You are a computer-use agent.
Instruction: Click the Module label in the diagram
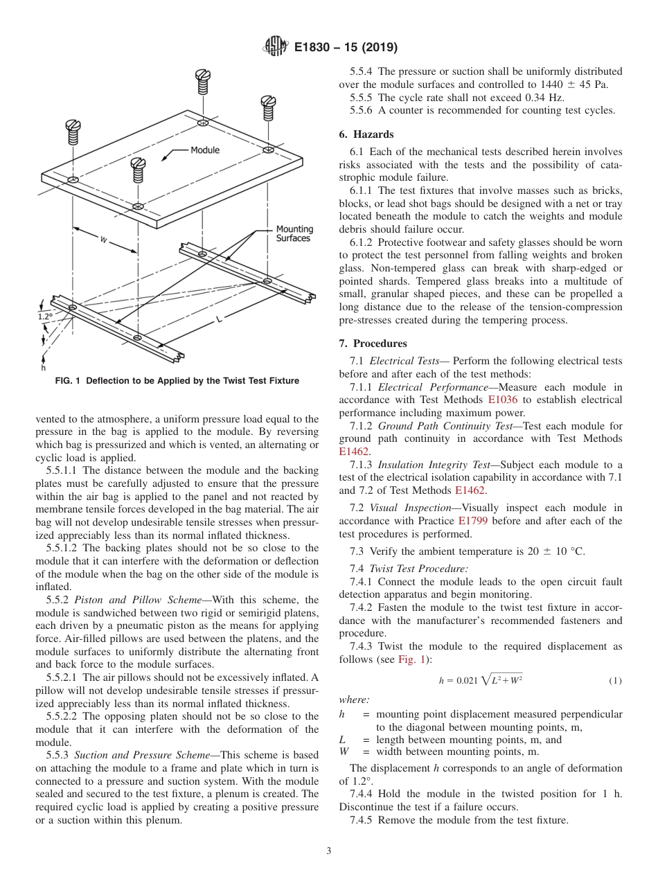pos(205,150)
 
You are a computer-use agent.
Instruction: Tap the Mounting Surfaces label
pos(294,233)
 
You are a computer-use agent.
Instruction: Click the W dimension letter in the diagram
pos(103,240)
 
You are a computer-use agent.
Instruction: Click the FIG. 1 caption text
pos(177,381)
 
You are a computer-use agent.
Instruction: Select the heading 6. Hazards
pos(366,134)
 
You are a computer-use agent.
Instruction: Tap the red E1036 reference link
pos(502,400)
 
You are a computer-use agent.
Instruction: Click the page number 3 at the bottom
pos(328,851)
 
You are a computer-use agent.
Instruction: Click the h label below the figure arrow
pos(43,368)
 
